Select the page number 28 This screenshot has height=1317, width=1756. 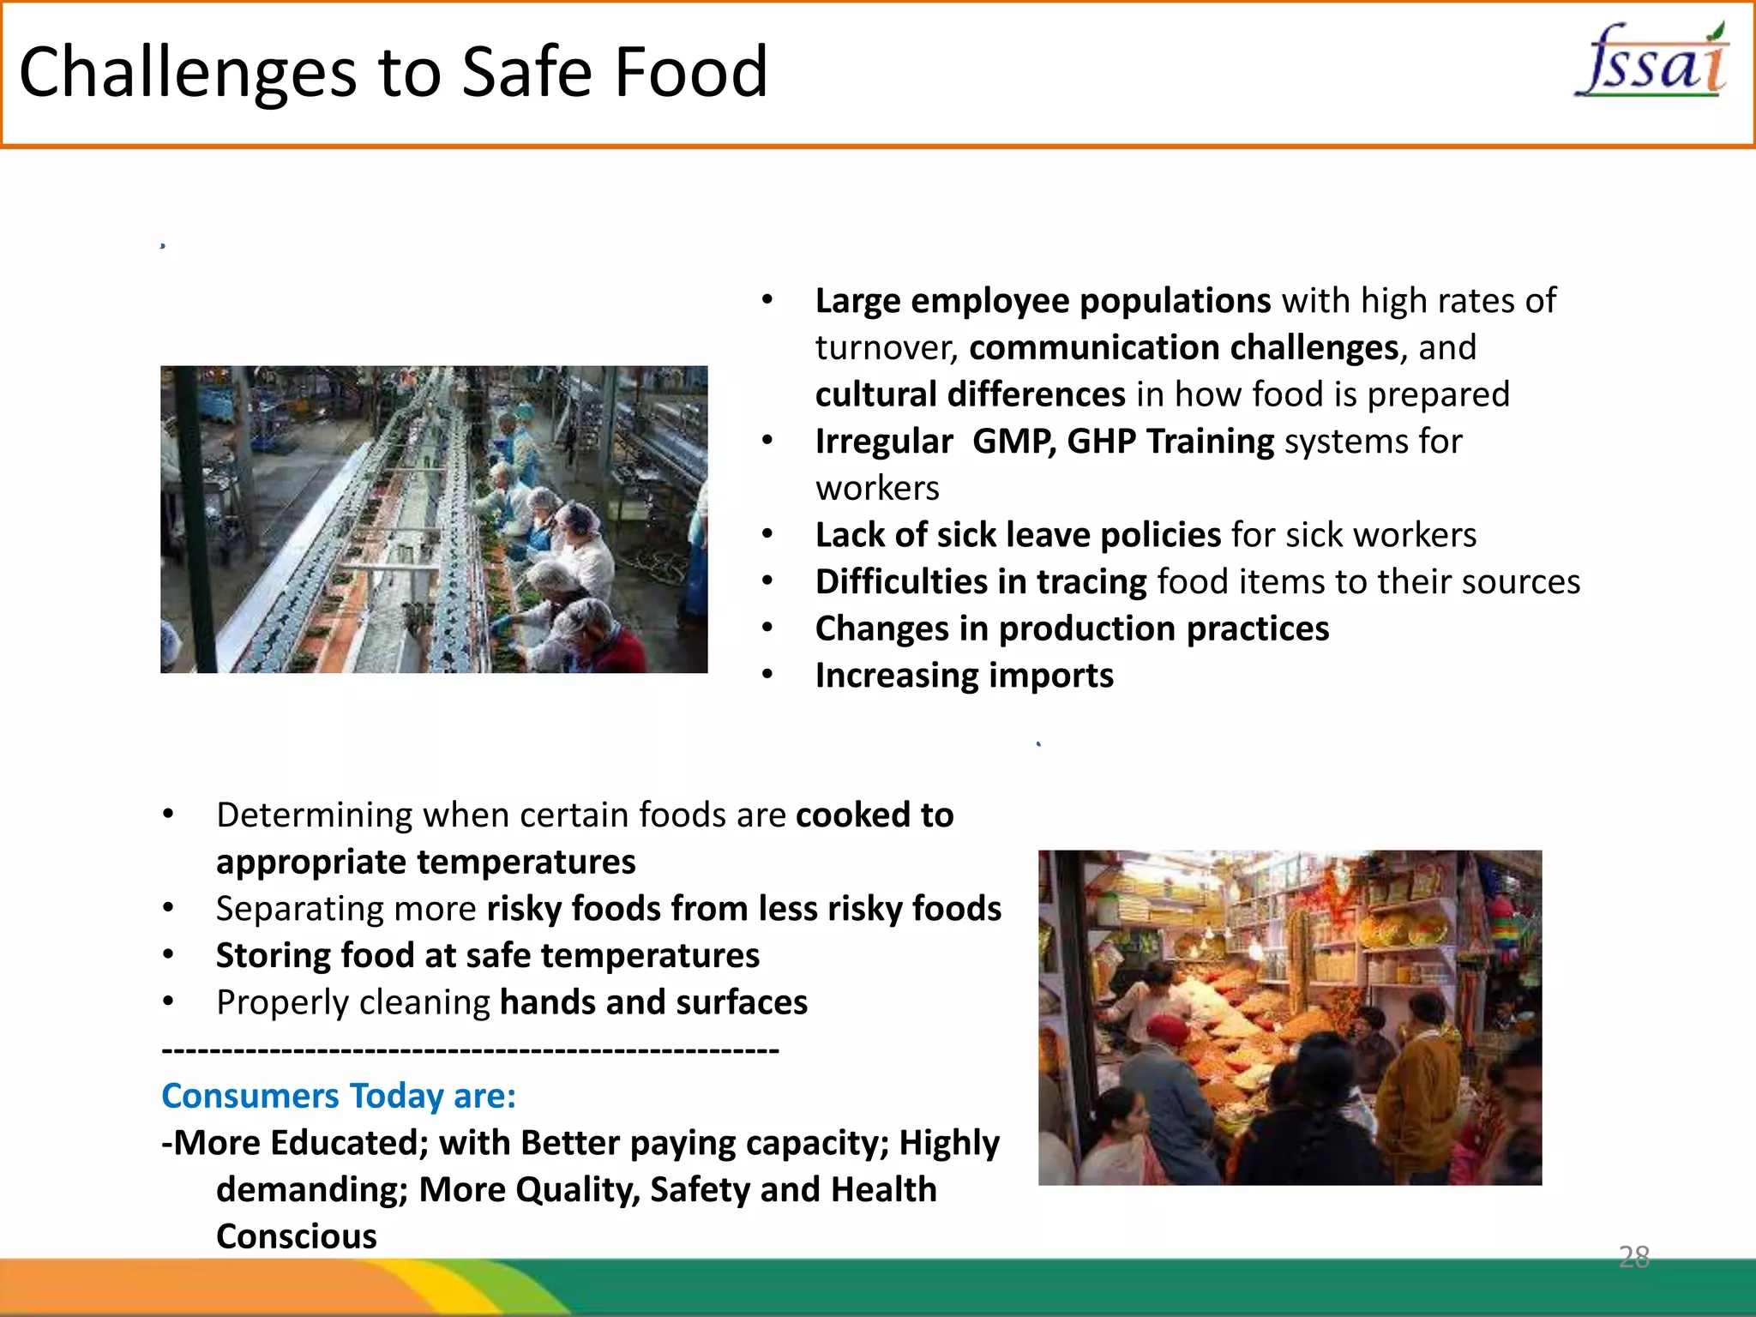[x=1633, y=1256]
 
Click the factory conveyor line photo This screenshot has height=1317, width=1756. [x=434, y=519]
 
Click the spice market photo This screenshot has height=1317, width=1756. [x=1290, y=1017]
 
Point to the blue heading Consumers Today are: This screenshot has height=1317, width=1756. [x=339, y=1096]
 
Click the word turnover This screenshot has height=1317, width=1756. [x=886, y=348]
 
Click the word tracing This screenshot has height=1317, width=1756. [x=1091, y=582]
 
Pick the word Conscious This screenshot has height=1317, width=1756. [x=296, y=1236]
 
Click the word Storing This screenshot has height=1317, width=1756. [x=272, y=956]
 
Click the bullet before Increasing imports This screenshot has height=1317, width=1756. [x=767, y=675]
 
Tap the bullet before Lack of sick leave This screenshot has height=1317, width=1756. [x=767, y=534]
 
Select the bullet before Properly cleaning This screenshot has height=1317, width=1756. [x=168, y=1001]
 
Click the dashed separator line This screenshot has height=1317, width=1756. [x=470, y=1049]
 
